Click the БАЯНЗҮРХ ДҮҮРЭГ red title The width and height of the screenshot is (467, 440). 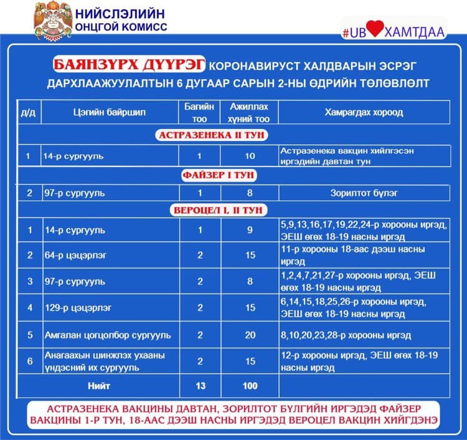[x=130, y=65]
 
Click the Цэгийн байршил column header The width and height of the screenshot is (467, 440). [x=110, y=113]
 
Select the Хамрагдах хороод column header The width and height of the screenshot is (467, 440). [x=363, y=113]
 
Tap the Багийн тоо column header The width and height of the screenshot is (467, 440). [x=200, y=113]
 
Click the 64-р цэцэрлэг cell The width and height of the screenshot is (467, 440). [x=70, y=256]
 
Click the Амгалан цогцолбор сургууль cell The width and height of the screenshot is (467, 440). [x=107, y=335]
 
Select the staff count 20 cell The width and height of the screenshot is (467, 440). [x=250, y=335]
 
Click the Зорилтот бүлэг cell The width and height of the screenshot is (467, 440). [x=363, y=193]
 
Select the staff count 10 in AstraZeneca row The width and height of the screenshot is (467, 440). [x=250, y=156]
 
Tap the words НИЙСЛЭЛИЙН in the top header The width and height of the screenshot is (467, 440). [x=121, y=14]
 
